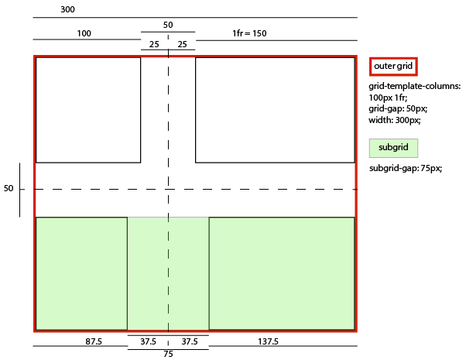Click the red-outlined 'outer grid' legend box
point(393,67)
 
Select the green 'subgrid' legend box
point(393,148)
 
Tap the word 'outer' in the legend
point(384,67)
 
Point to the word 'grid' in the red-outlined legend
point(404,67)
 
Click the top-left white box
point(88,110)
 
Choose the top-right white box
point(275,110)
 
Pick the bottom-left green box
point(81,273)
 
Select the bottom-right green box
point(282,273)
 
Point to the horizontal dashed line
point(255,189)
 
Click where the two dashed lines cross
point(168,189)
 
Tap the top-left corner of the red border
point(35,57)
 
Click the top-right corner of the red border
point(355,57)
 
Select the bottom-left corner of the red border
point(35,331)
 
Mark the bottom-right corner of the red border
point(355,331)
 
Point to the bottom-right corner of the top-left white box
point(140,163)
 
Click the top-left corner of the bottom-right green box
point(209,218)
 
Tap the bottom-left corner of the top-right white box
point(196,163)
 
